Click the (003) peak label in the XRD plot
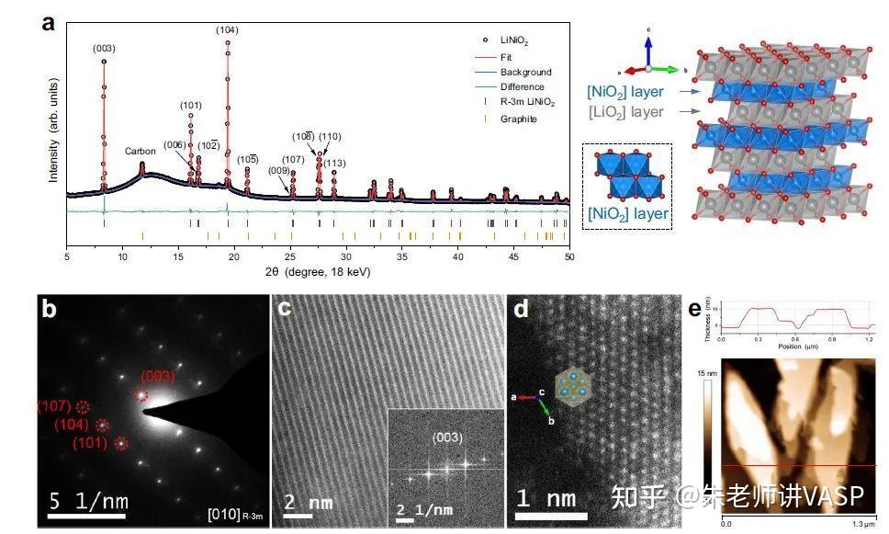[103, 48]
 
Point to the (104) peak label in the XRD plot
[227, 30]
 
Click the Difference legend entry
[522, 87]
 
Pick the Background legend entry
[525, 72]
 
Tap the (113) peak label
[334, 163]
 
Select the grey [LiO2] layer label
[626, 111]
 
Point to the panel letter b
[49, 311]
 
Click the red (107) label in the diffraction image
[53, 406]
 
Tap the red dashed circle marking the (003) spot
[141, 394]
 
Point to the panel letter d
[521, 311]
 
